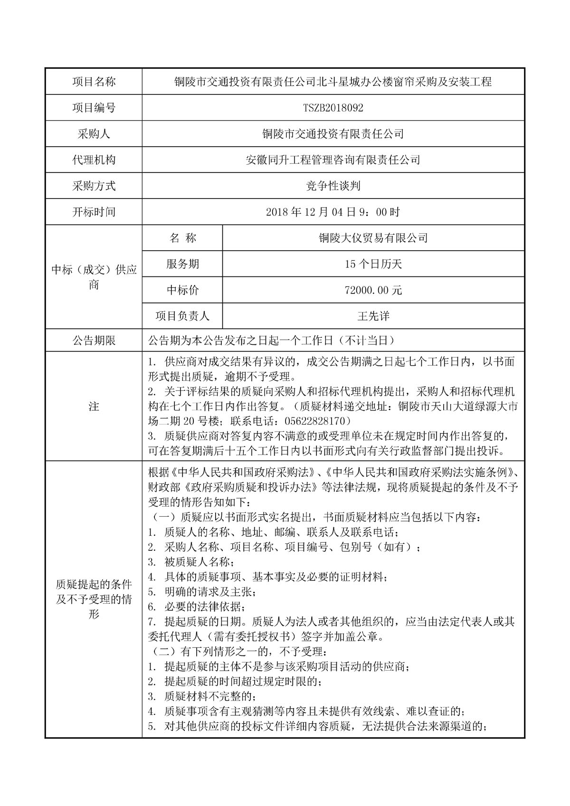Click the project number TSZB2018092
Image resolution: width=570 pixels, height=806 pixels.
[333, 108]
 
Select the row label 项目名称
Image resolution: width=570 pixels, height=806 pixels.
[94, 82]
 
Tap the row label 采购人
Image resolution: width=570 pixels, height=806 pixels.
[94, 134]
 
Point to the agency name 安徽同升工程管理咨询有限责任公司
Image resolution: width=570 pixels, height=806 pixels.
[333, 160]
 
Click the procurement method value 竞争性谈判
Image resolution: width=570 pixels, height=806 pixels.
[333, 186]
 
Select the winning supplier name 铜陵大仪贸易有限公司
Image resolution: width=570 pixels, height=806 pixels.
[373, 237]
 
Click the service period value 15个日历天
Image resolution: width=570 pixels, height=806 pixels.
[373, 264]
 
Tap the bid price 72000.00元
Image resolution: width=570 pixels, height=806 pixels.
[373, 290]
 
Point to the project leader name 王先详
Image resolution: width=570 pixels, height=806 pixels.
[373, 315]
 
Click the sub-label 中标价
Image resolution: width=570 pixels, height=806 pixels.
[182, 290]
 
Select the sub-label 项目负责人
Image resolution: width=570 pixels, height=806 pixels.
[182, 315]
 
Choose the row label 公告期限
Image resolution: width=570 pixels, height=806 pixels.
[94, 341]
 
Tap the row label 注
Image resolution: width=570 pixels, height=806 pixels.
[94, 407]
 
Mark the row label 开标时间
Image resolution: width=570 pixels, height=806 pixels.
[94, 212]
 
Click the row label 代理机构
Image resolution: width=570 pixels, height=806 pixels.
[94, 160]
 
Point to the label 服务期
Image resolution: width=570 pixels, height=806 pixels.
[182, 264]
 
